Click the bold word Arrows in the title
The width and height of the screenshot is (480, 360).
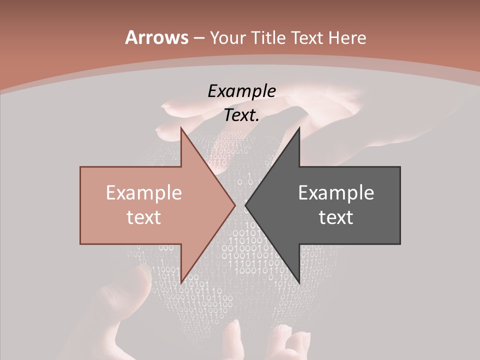tap(156, 37)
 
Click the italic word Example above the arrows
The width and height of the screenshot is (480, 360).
tap(242, 91)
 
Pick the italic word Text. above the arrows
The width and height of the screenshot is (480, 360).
tap(242, 115)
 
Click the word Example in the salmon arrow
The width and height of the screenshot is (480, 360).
tap(144, 192)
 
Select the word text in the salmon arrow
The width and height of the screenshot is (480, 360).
tap(144, 217)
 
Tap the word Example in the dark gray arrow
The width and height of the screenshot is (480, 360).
tap(336, 192)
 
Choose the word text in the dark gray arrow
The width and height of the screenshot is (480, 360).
tap(336, 217)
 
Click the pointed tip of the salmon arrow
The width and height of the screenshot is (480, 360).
tap(235, 205)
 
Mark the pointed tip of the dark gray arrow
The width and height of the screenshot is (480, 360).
tap(245, 205)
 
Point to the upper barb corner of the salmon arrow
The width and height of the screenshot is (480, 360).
tap(181, 127)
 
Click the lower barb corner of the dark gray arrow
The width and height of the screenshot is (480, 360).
tap(299, 283)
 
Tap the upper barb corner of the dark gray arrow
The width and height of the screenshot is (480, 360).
tap(299, 127)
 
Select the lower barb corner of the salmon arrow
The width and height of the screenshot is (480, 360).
tap(181, 283)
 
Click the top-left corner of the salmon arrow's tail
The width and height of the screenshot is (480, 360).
tap(80, 167)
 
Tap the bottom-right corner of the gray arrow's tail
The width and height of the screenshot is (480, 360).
tap(400, 244)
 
